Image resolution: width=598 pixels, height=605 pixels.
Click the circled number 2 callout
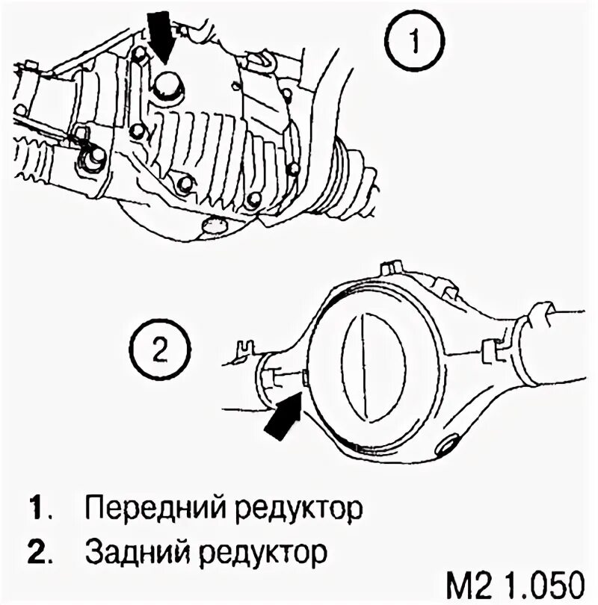(x=158, y=349)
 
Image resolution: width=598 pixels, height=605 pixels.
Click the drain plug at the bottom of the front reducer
(x=215, y=223)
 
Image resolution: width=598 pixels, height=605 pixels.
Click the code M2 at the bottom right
(x=463, y=584)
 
